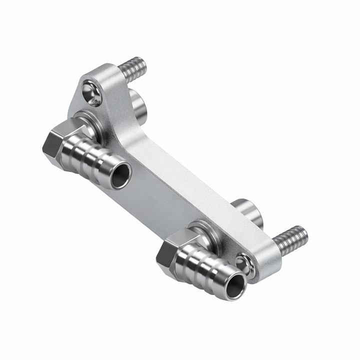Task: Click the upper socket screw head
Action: [92, 93]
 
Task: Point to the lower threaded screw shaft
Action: [290, 240]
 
